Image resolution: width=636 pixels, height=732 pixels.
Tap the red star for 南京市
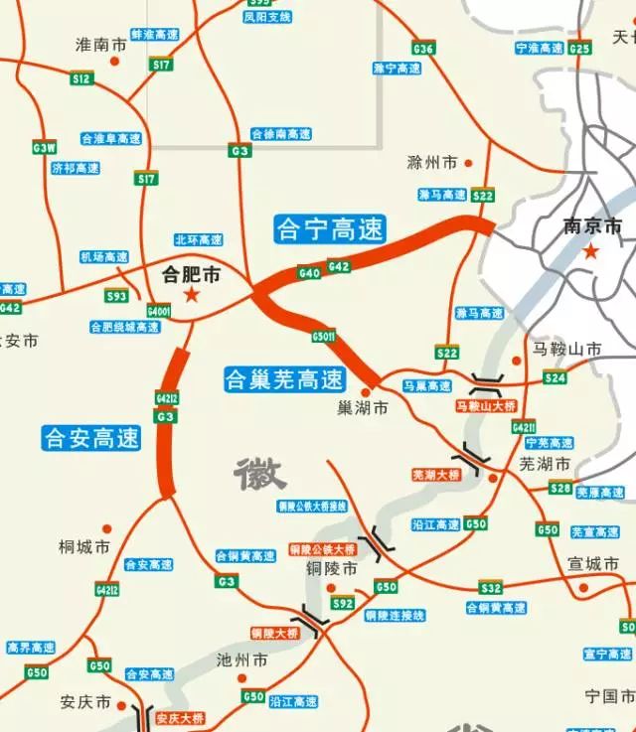pyautogui.click(x=590, y=252)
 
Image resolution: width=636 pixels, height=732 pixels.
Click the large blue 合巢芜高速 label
pyautogui.click(x=283, y=378)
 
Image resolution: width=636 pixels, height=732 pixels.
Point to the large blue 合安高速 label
pyautogui.click(x=92, y=437)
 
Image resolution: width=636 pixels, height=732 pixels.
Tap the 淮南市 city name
pyautogui.click(x=101, y=46)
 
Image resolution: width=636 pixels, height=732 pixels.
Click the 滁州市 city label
pyautogui.click(x=432, y=162)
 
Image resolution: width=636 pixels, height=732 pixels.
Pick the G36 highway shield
pyautogui.click(x=423, y=49)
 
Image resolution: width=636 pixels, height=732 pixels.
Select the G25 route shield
pyautogui.click(x=580, y=48)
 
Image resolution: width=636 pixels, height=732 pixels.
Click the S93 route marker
pyautogui.click(x=117, y=296)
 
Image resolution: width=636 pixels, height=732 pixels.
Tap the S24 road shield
pyautogui.click(x=555, y=377)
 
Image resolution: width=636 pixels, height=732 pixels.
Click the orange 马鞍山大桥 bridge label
pyautogui.click(x=486, y=406)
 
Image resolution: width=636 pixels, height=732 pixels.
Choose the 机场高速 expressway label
pyautogui.click(x=104, y=257)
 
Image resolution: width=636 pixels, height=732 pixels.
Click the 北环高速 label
pyautogui.click(x=198, y=239)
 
